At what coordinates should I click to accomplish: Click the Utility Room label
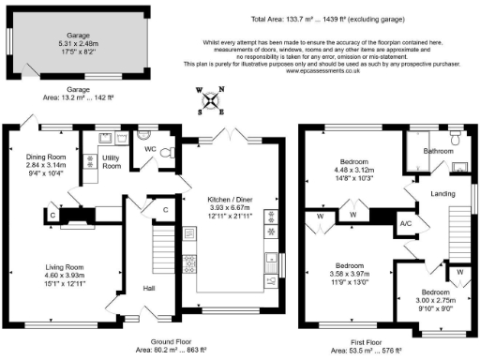(x=112, y=161)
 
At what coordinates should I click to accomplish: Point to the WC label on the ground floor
(x=150, y=149)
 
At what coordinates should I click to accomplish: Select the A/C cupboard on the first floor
(x=407, y=224)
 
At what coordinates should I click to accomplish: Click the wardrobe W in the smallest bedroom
(x=461, y=272)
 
